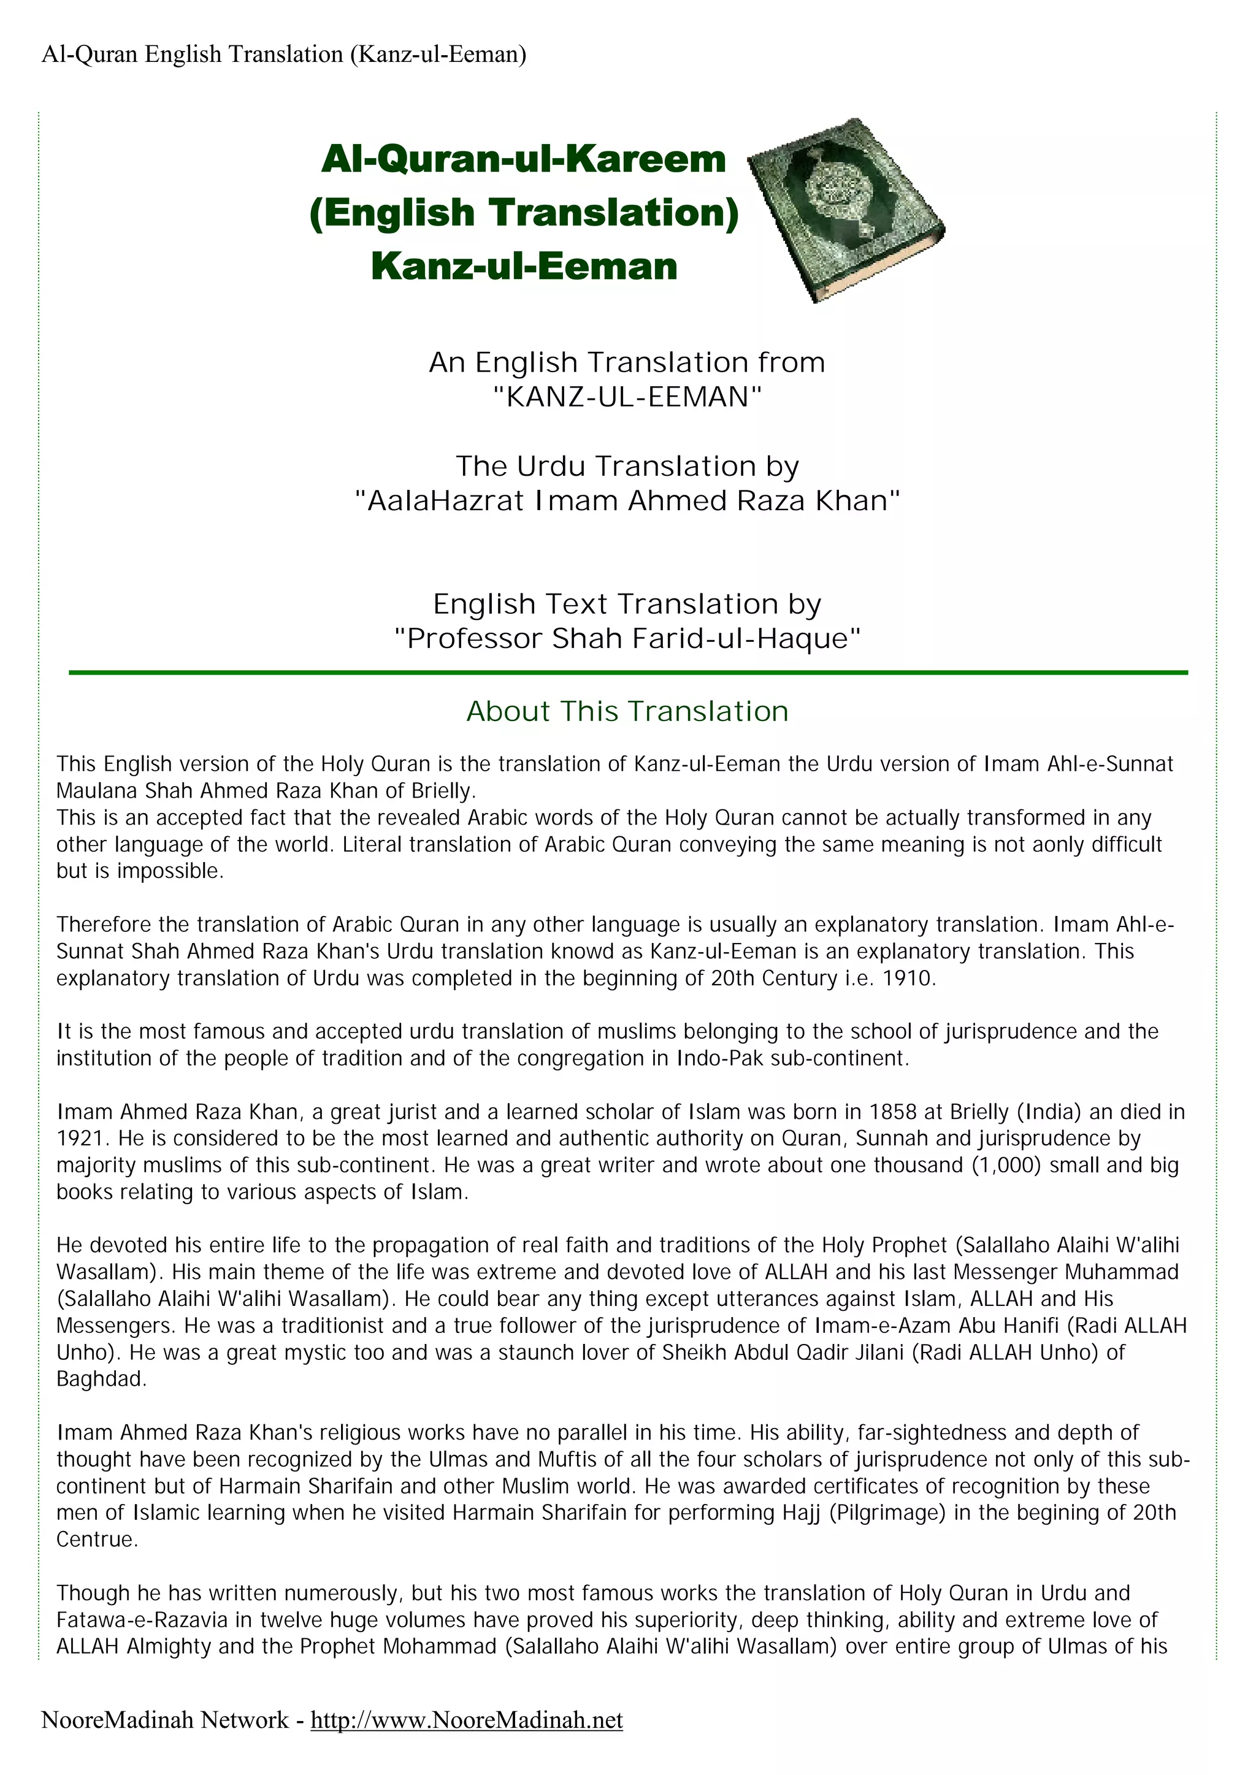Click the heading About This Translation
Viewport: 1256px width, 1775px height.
point(627,711)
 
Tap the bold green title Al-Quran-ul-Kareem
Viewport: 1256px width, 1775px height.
point(524,160)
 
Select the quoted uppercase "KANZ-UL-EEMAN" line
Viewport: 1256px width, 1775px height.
point(627,397)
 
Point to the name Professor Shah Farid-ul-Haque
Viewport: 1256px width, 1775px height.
point(627,638)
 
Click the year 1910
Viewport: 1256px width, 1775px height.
point(909,978)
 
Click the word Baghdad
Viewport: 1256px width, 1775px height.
point(101,1379)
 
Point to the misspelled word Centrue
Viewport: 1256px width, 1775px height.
point(97,1539)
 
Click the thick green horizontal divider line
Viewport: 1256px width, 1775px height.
point(627,673)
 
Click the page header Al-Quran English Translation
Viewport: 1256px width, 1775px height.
point(283,54)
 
